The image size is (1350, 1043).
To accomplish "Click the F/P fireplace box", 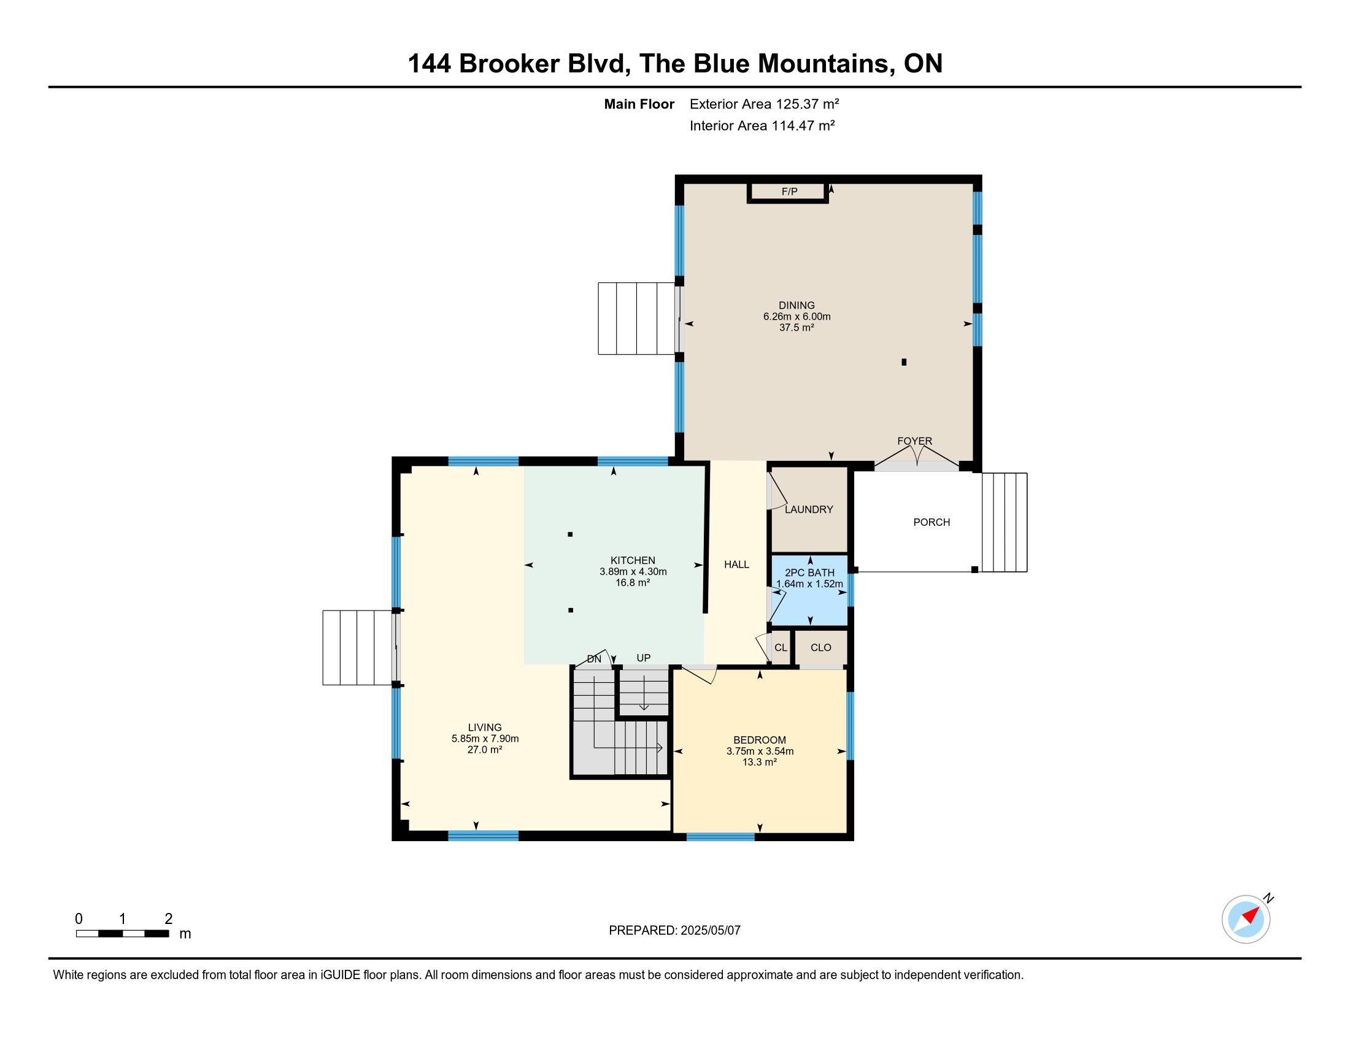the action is point(787,192).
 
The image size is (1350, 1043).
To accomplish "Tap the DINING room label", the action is point(796,306).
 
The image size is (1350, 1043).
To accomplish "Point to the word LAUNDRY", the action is point(809,509).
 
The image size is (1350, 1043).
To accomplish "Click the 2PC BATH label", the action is point(809,573).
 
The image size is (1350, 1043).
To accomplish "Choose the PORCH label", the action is point(931,522).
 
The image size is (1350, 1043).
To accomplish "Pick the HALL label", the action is point(736,564).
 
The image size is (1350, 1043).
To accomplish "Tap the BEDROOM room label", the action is point(760,740).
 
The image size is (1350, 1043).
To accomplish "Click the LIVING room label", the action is point(485,727).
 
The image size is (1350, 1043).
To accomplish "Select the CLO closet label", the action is point(821,647).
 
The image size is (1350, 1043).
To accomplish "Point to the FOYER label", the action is point(915,441).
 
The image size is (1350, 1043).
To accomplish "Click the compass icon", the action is point(1246,920).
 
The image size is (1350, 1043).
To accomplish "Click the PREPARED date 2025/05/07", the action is point(710,931).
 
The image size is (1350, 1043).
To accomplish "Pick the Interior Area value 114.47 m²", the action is point(803,125).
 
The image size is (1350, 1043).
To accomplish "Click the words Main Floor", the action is point(639,104).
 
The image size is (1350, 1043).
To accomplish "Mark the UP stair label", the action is point(644,658).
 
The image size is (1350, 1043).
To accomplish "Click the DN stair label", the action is point(594,660).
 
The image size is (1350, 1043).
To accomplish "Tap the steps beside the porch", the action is point(1005,522).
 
